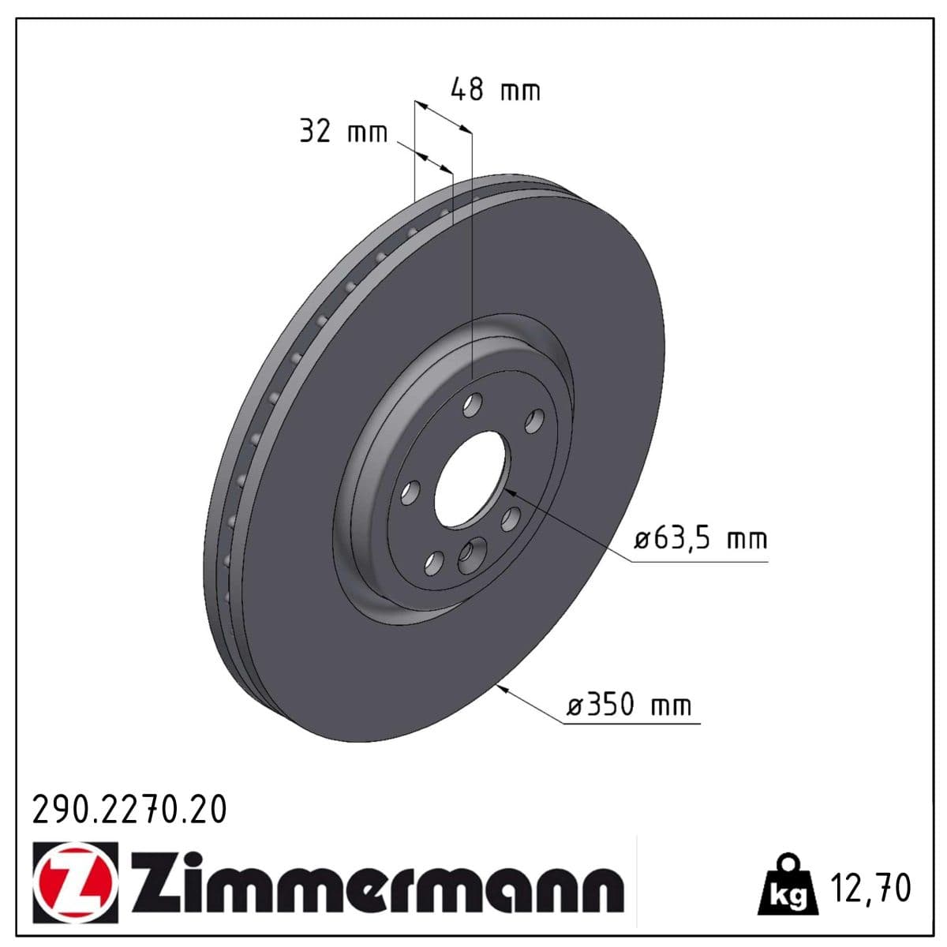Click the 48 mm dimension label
click(495, 89)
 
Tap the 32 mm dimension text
click(343, 131)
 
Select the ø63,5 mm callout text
click(701, 540)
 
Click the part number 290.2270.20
click(129, 810)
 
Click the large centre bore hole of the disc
click(470, 481)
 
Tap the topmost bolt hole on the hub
click(472, 406)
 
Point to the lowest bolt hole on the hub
click(432, 562)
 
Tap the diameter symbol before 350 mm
click(575, 705)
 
